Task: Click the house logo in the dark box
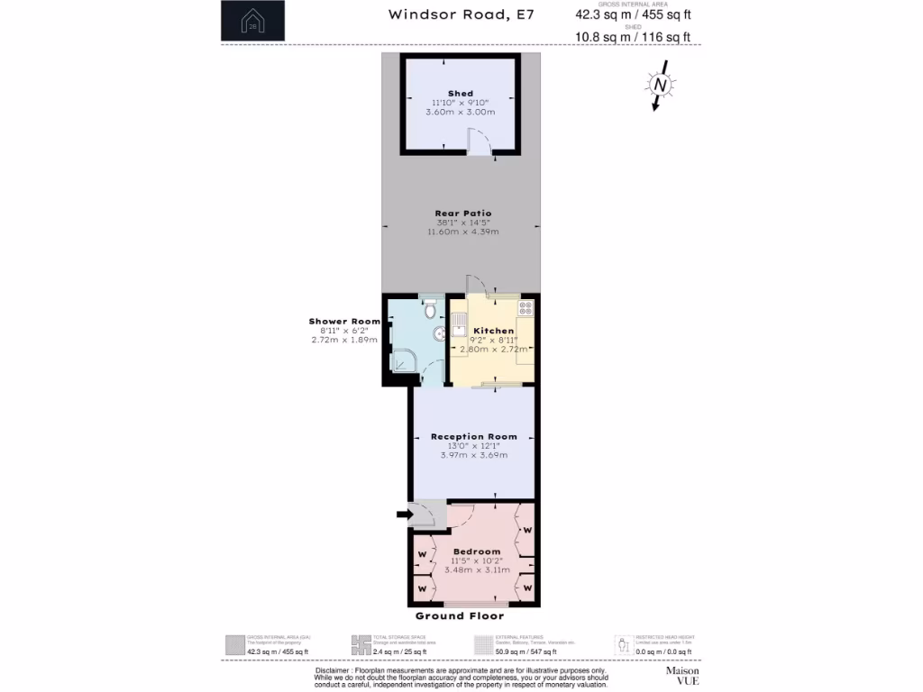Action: click(x=252, y=22)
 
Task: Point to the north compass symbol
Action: click(x=660, y=86)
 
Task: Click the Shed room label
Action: click(x=461, y=94)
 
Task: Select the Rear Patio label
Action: click(x=463, y=214)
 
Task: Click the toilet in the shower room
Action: click(x=431, y=309)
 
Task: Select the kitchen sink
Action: click(x=459, y=322)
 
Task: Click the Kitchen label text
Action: click(x=494, y=331)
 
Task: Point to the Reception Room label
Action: click(x=474, y=436)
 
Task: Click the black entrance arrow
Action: click(x=403, y=514)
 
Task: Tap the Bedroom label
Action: click(x=477, y=551)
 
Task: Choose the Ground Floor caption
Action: click(x=460, y=616)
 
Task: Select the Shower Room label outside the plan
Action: click(x=343, y=322)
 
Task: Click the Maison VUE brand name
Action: click(x=681, y=675)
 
